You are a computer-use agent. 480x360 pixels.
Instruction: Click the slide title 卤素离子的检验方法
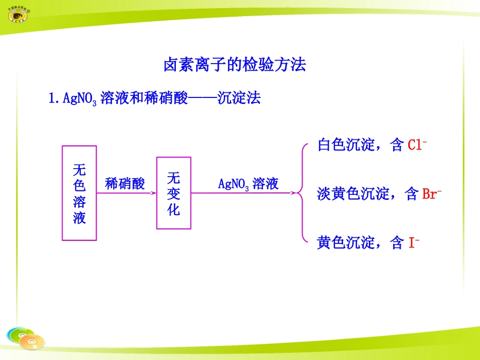pyautogui.click(x=234, y=65)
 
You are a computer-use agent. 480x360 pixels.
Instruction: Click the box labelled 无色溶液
pyautogui.click(x=79, y=193)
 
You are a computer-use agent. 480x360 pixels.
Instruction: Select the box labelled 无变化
pyautogui.click(x=173, y=193)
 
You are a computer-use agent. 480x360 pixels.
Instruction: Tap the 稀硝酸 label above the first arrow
pyautogui.click(x=125, y=183)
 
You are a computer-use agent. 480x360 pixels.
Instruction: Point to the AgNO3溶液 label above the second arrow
pyautogui.click(x=248, y=183)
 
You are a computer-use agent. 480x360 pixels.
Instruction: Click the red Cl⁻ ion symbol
pyautogui.click(x=417, y=145)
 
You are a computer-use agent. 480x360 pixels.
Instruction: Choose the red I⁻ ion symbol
pyautogui.click(x=414, y=243)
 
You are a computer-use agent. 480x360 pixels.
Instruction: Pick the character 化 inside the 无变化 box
pyautogui.click(x=173, y=209)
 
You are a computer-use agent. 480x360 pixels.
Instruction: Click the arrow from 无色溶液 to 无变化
pyautogui.click(x=126, y=193)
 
